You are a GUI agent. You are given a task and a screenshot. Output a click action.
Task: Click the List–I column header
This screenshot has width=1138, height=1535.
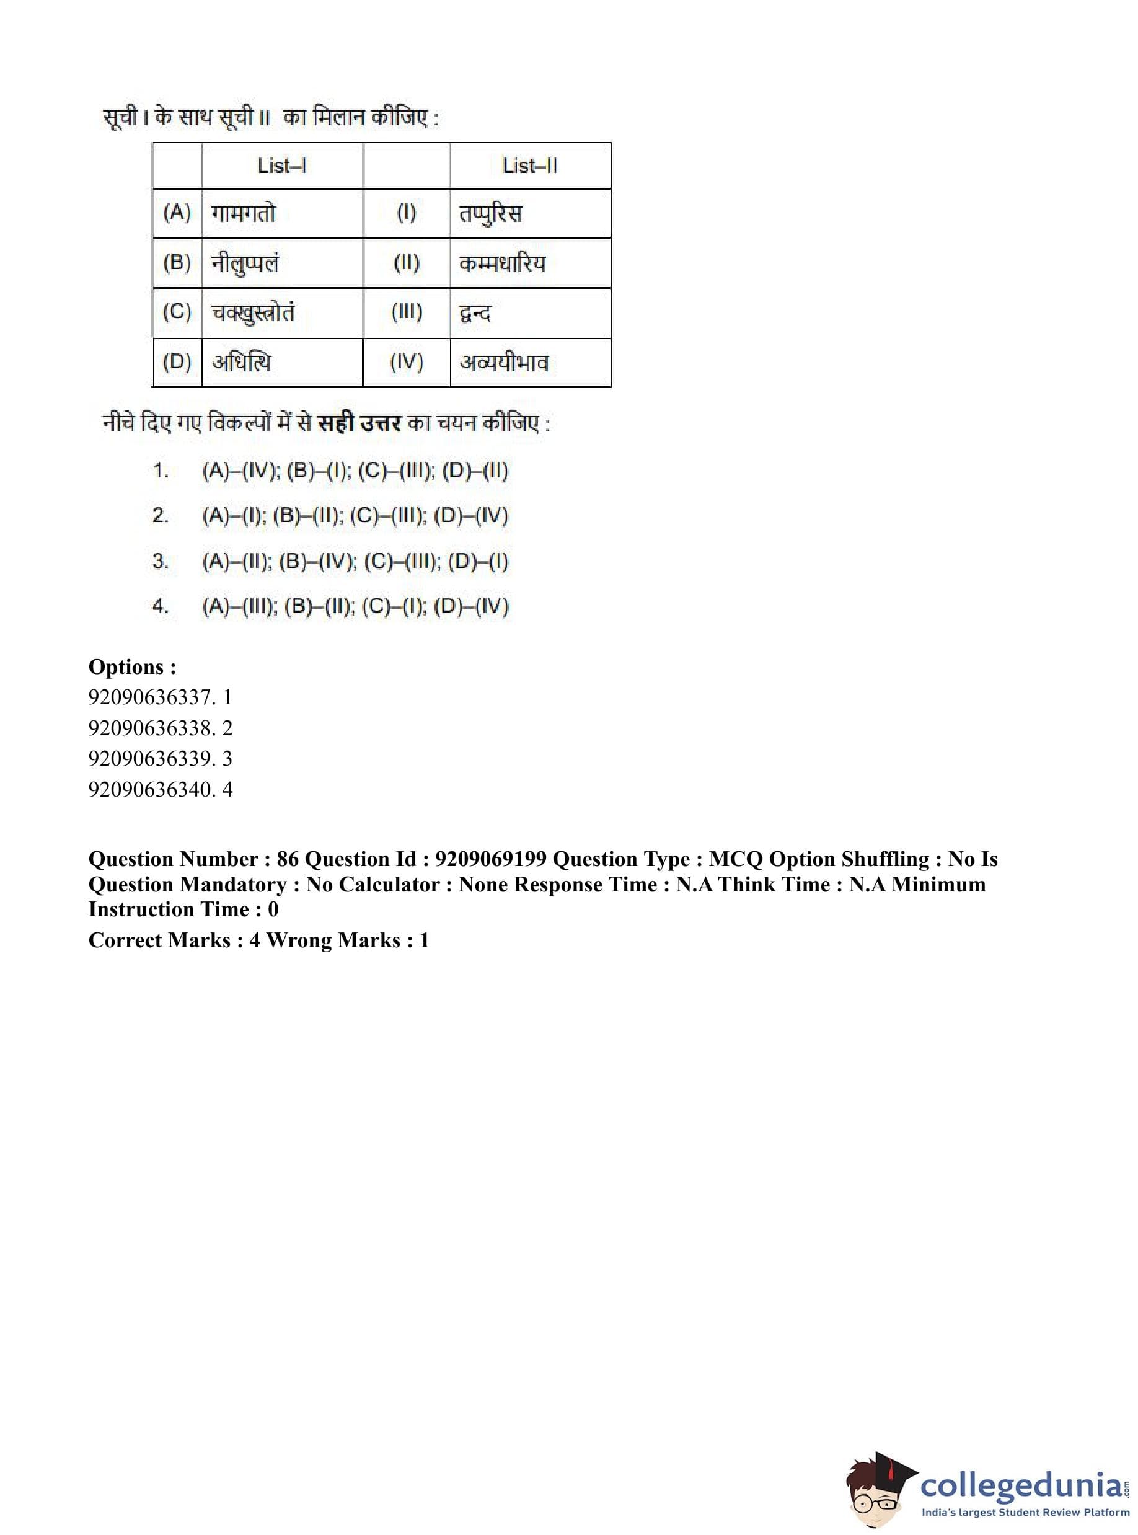pos(282,166)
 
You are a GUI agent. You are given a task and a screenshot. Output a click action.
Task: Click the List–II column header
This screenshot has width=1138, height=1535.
pos(530,166)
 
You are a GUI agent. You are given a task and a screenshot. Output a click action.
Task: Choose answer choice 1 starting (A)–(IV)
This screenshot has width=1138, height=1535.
pos(355,471)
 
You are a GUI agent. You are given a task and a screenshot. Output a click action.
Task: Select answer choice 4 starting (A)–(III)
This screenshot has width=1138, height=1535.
pos(355,607)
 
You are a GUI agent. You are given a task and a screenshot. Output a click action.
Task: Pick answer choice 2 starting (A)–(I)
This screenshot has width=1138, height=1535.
pos(355,516)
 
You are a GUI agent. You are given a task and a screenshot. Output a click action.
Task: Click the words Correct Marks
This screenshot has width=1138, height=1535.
pos(159,940)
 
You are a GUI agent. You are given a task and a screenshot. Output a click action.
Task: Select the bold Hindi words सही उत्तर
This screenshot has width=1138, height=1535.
pos(359,423)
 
